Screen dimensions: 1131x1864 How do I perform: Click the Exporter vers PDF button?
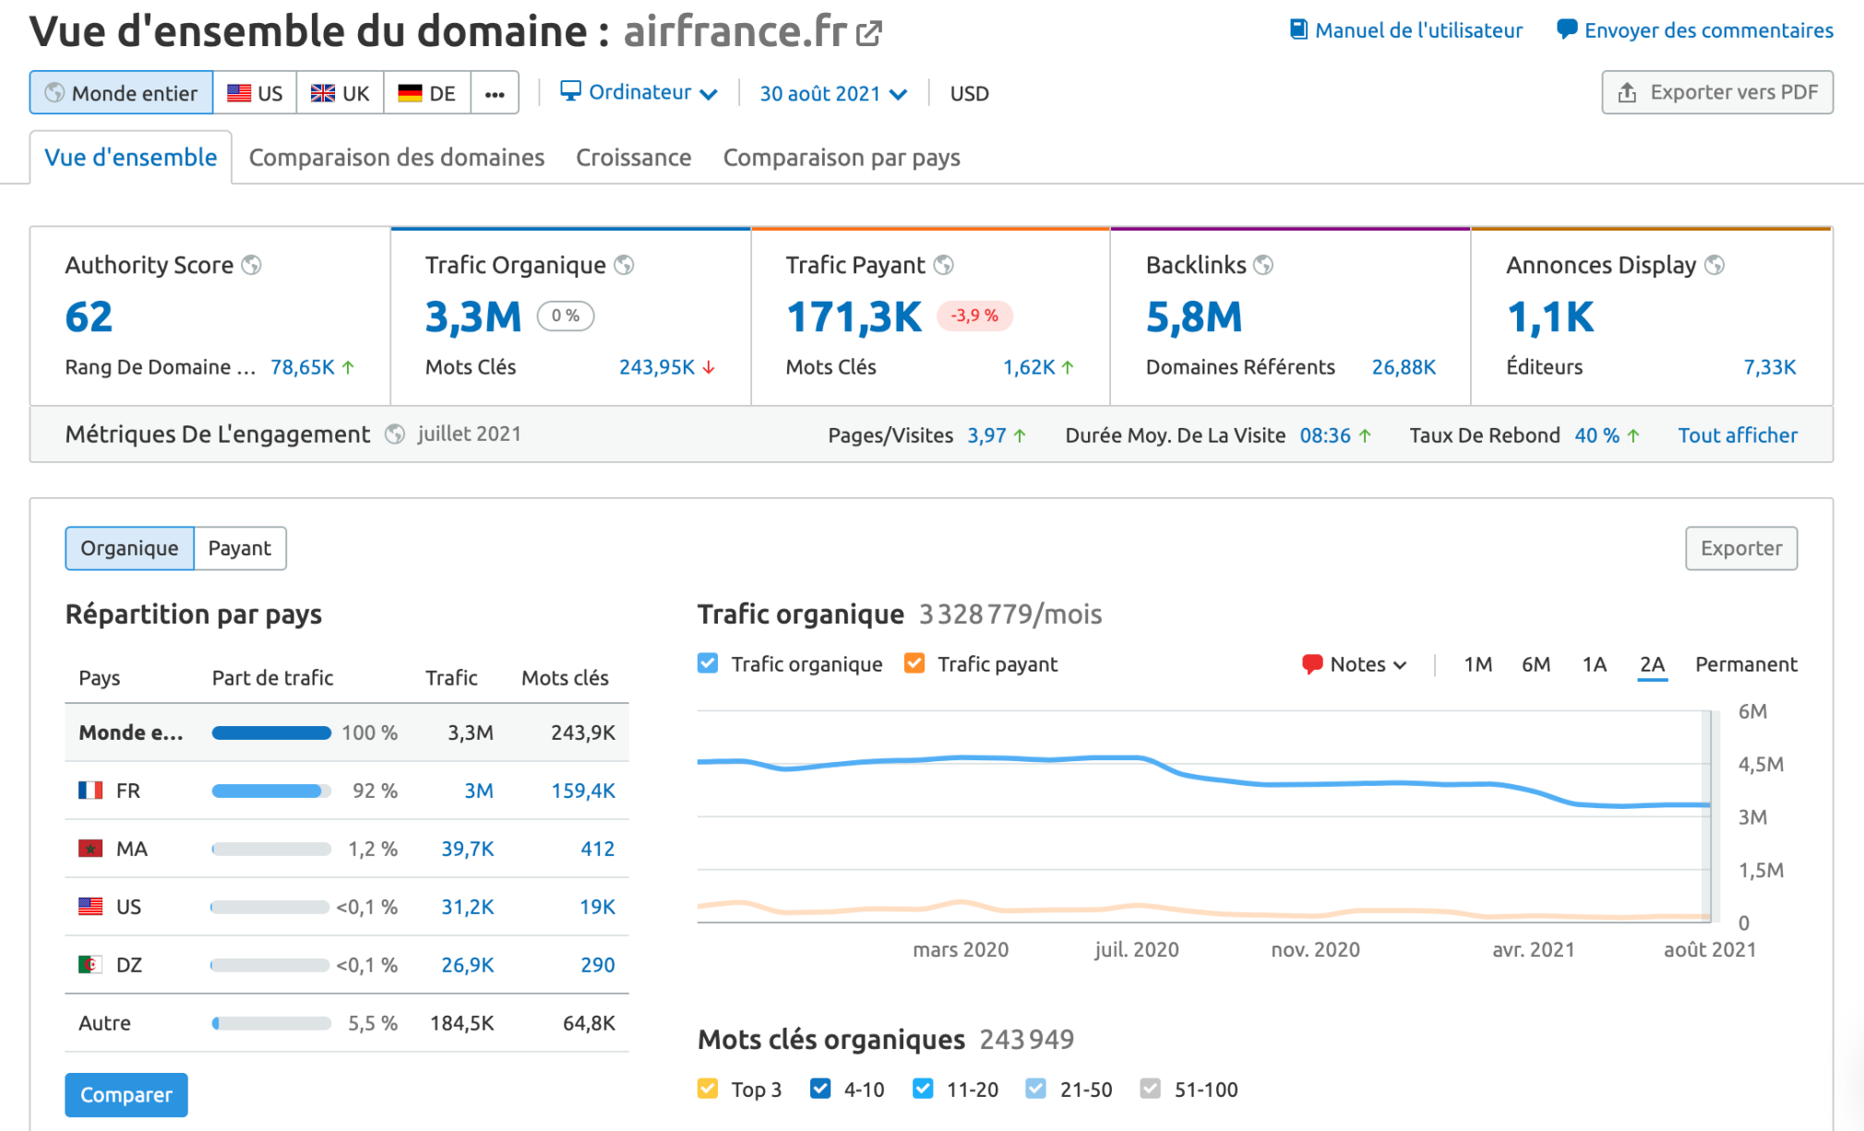coord(1717,92)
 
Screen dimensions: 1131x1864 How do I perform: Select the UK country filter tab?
coord(340,93)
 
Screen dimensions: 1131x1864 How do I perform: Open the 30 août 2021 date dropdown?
coord(832,93)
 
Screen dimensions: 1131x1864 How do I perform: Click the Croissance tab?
coord(633,158)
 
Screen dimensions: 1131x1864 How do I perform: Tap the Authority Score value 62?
coord(89,317)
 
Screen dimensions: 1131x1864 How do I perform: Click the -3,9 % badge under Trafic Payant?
coord(974,315)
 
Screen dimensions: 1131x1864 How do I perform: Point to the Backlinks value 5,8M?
coord(1193,317)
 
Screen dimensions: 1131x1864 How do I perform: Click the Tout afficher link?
coord(1737,435)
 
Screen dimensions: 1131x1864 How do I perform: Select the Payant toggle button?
coord(239,548)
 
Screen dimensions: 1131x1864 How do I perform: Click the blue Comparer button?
coord(126,1095)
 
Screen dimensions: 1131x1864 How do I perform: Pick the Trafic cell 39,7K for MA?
coord(467,849)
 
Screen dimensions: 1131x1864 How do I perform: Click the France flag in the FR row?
coord(90,791)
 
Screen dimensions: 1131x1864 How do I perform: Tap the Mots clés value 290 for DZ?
coord(597,965)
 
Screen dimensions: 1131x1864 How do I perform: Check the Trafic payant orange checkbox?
coord(914,663)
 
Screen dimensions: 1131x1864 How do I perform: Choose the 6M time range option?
coord(1535,664)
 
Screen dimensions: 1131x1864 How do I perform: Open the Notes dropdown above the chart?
coord(1355,664)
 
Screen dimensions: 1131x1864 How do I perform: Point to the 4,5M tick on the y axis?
coord(1760,764)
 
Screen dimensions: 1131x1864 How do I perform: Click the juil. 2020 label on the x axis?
coord(1136,949)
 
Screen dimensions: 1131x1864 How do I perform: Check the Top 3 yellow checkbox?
coord(708,1089)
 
